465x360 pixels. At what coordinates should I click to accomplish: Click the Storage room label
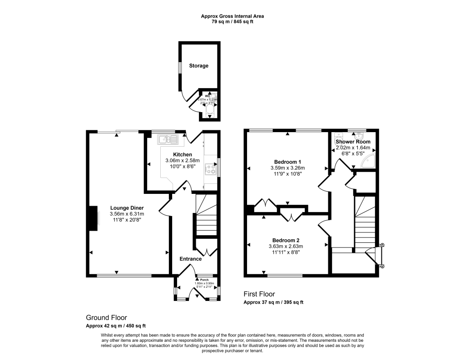click(x=199, y=66)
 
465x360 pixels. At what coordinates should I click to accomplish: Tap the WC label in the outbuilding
click(x=208, y=96)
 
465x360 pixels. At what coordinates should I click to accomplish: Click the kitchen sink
click(x=166, y=139)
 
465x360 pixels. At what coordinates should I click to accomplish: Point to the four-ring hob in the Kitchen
click(x=211, y=169)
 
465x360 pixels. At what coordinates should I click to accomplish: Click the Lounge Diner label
click(x=127, y=208)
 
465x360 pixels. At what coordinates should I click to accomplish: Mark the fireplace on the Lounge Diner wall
click(x=94, y=218)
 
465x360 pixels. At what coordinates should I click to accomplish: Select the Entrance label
click(x=190, y=259)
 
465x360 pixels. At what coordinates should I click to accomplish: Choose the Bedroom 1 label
click(x=288, y=162)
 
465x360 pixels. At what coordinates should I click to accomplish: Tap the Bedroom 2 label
click(x=286, y=240)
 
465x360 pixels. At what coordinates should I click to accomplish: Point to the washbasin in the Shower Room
click(x=360, y=135)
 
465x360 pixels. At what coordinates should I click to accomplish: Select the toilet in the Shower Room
click(x=338, y=137)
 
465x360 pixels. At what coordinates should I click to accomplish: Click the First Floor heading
click(x=259, y=294)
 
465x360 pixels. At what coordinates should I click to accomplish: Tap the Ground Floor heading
click(x=106, y=318)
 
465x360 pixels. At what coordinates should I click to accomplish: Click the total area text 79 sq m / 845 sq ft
click(x=232, y=21)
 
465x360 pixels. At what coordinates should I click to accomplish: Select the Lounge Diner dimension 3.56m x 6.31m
click(x=127, y=214)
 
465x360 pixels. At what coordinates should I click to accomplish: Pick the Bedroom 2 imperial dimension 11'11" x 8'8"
click(x=286, y=252)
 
